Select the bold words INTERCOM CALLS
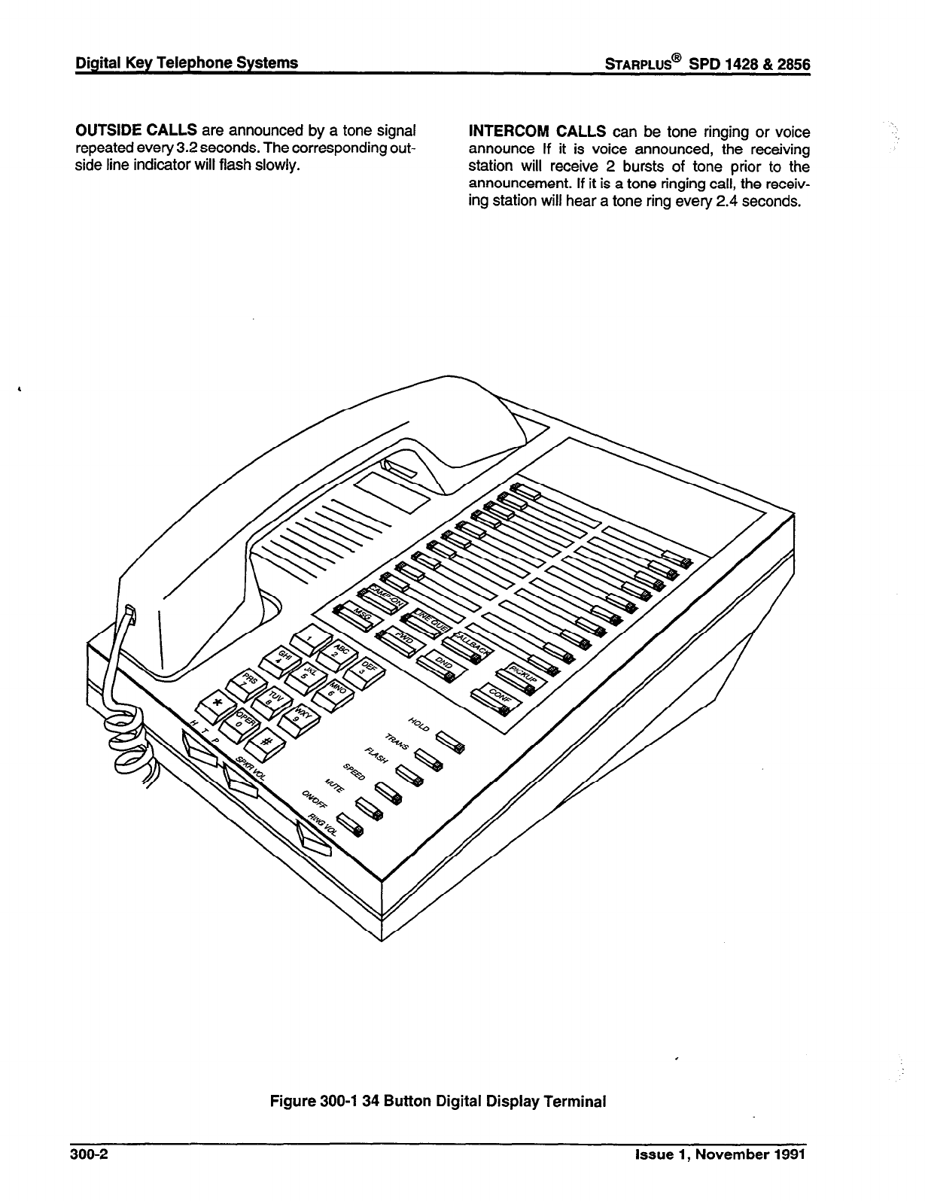click(x=537, y=132)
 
